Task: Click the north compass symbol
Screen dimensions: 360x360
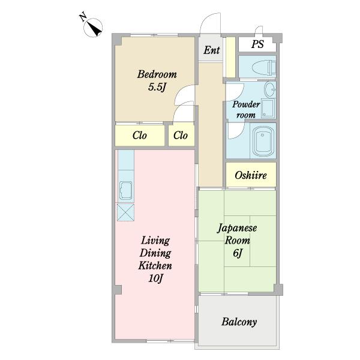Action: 93,28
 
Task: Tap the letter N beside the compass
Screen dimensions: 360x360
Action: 83,17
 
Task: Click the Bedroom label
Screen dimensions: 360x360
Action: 157,74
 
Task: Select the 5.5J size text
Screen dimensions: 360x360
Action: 157,87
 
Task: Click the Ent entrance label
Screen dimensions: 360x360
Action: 212,50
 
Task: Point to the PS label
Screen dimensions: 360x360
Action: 257,44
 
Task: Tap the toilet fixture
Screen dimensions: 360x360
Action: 264,67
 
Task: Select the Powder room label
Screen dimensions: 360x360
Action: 246,109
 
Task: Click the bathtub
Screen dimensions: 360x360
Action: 263,141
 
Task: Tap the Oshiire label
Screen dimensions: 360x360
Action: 251,175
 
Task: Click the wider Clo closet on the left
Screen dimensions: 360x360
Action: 140,135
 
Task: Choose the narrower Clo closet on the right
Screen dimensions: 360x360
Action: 181,135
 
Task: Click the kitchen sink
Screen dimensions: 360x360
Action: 126,190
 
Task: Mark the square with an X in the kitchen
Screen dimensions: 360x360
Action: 125,212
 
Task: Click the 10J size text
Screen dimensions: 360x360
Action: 155,278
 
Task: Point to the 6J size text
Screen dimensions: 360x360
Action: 238,253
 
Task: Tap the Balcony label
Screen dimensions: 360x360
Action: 239,322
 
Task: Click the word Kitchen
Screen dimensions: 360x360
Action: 155,266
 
